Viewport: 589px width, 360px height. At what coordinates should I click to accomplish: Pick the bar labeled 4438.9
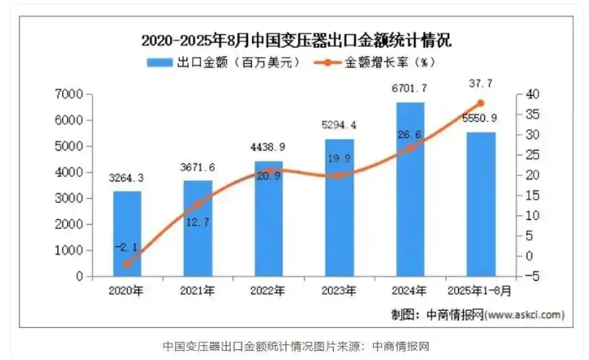[268, 219]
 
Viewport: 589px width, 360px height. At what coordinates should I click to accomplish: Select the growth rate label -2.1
[127, 245]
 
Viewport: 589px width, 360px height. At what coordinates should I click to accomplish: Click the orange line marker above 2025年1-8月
[480, 103]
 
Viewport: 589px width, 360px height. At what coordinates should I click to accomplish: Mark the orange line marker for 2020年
[127, 264]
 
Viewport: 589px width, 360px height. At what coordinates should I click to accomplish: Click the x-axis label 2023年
[339, 290]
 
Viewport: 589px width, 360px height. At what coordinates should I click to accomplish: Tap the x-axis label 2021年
[198, 290]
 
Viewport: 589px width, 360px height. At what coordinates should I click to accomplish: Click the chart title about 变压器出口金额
[295, 40]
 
